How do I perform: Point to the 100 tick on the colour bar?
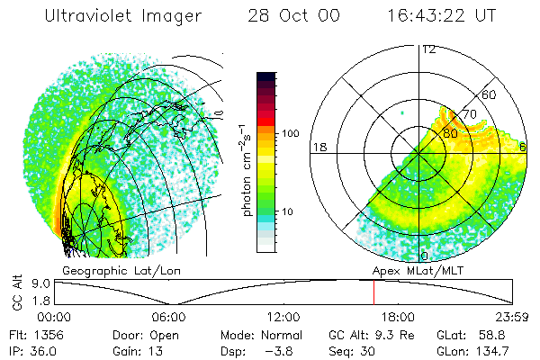tap(290, 133)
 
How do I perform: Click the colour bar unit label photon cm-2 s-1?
tap(247, 171)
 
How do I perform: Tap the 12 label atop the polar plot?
tap(428, 49)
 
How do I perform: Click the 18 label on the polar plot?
tap(319, 147)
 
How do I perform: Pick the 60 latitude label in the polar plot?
tap(490, 94)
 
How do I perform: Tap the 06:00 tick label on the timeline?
tap(169, 317)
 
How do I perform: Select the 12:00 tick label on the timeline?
tap(283, 317)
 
